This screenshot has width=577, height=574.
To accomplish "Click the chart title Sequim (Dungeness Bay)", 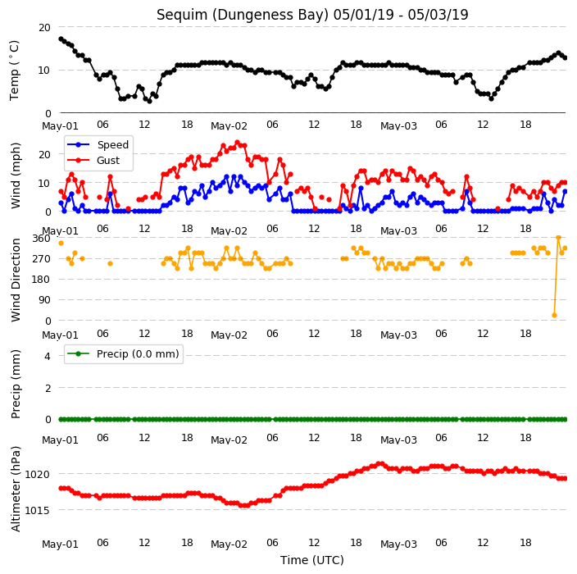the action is (242, 15).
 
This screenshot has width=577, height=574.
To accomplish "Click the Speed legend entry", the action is (98, 144).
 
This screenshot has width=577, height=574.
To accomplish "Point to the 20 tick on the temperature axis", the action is (44, 27).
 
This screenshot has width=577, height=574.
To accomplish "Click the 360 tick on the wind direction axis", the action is (41, 239).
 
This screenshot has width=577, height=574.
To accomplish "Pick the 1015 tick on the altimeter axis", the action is (37, 510).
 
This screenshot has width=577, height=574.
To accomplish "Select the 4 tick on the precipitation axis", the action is (48, 356).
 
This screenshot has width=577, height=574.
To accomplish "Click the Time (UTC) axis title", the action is (312, 560).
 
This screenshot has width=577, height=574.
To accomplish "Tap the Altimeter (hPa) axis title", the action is (16, 489).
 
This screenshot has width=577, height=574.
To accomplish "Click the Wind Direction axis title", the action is (16, 280).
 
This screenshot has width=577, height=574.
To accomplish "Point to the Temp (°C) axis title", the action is (14, 71).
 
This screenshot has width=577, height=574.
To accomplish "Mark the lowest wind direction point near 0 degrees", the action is (555, 315).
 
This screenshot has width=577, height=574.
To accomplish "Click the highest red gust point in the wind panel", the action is (237, 142).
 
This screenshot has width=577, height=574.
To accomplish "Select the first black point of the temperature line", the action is (61, 39).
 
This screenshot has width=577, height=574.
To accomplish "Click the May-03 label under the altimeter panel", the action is (398, 544).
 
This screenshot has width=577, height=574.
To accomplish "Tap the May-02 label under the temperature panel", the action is (229, 126).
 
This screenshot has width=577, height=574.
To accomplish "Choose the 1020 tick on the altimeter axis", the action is (37, 474).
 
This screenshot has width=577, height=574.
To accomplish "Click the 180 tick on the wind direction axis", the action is (41, 280).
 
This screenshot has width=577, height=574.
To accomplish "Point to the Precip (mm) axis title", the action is (16, 384).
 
